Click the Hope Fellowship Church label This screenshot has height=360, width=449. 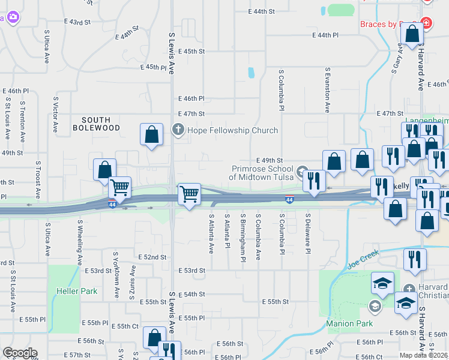(x=232, y=130)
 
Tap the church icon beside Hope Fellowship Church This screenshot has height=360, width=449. (x=178, y=130)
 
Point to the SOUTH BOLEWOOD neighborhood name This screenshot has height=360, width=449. (x=97, y=124)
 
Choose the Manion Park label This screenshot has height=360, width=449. (x=349, y=323)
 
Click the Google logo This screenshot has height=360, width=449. (x=20, y=353)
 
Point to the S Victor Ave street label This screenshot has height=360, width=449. (x=56, y=115)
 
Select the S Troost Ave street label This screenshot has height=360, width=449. (x=38, y=178)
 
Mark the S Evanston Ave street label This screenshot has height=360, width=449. (x=328, y=90)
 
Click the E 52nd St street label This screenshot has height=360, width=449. (x=152, y=257)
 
